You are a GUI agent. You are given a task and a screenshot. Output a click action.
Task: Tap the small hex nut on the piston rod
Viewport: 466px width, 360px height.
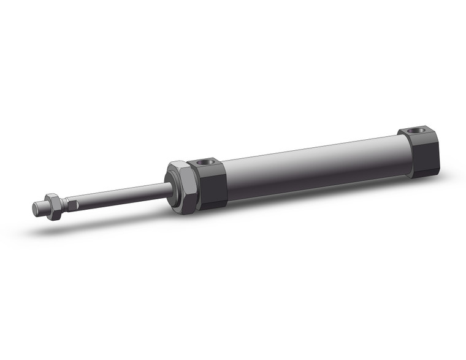click(x=53, y=206)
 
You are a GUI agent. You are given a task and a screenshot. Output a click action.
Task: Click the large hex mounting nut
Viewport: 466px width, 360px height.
click(x=181, y=187)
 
